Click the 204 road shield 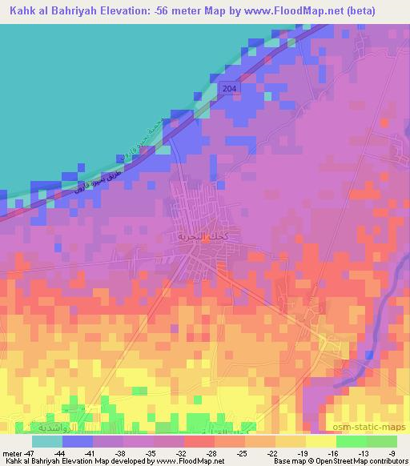click(x=231, y=88)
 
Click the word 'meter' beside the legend click(x=11, y=452)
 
